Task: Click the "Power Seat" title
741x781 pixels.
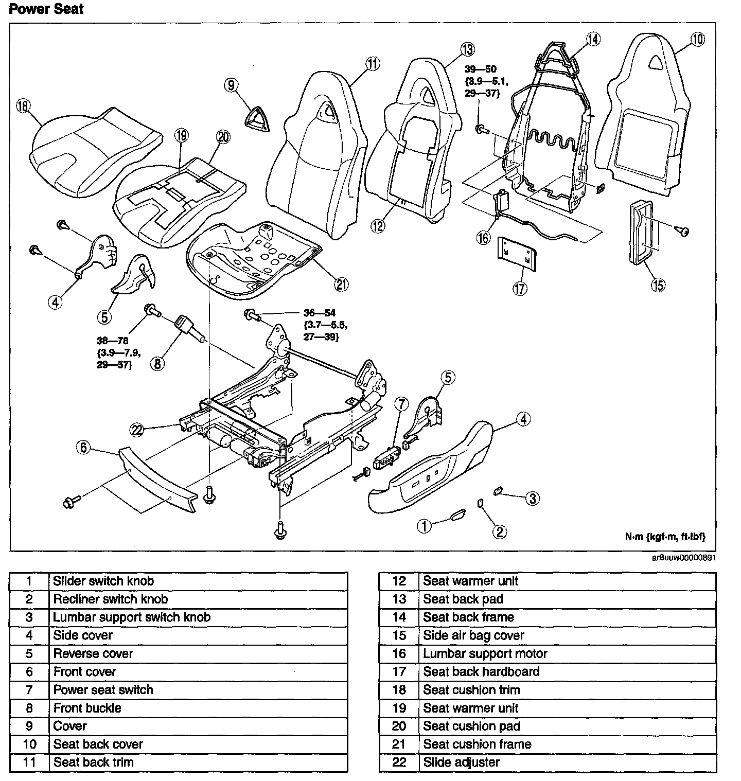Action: click(x=46, y=9)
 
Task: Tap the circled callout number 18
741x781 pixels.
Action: click(x=23, y=106)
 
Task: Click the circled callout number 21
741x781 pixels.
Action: click(x=342, y=284)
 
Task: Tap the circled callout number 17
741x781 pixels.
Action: click(x=520, y=288)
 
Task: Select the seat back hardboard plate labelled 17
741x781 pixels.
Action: click(x=516, y=253)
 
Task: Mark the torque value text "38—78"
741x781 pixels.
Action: click(x=112, y=341)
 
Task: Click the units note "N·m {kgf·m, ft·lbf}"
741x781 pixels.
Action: click(x=665, y=536)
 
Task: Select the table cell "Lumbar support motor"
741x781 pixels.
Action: click(x=485, y=653)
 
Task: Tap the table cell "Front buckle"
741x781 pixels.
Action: click(x=87, y=708)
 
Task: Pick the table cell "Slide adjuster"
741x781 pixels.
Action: click(x=461, y=762)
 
